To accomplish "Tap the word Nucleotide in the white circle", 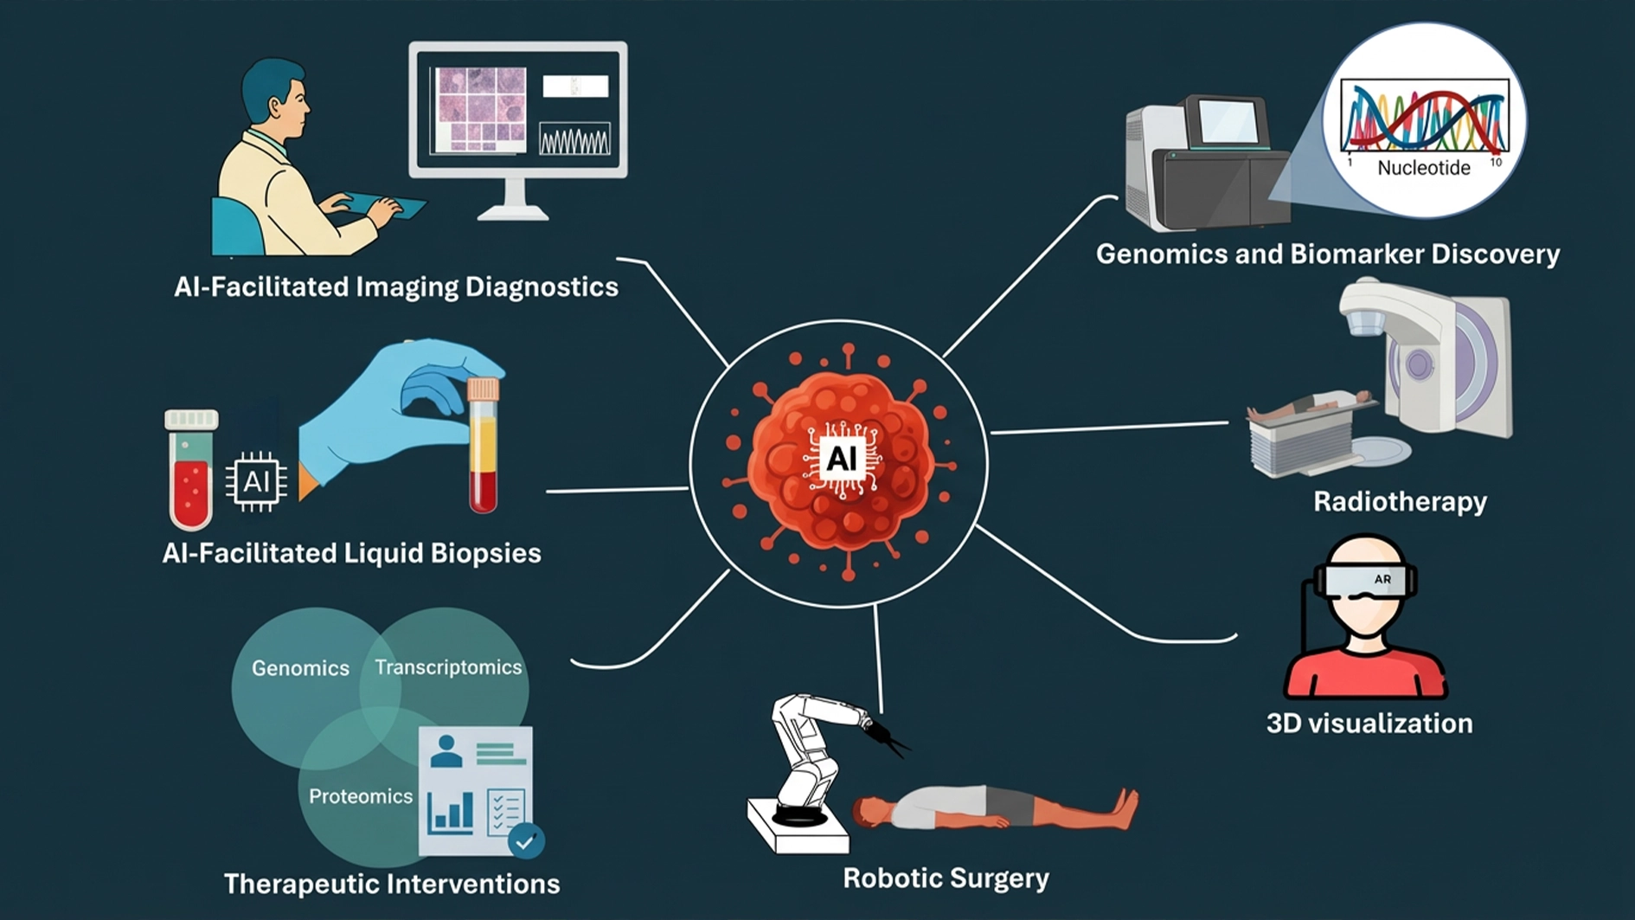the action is [x=1423, y=168].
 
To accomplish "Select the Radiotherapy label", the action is [x=1400, y=502].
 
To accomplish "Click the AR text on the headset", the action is [x=1382, y=579].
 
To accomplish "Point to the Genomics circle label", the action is [x=300, y=668].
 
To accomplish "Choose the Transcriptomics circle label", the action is [x=448, y=667].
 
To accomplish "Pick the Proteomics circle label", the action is [x=361, y=796].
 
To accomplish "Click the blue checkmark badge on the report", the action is [x=525, y=840].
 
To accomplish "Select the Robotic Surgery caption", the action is [x=946, y=878].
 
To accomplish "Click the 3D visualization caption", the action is [x=1369, y=724].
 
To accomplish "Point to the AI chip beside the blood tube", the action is [x=256, y=481].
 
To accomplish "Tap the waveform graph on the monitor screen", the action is [x=574, y=138].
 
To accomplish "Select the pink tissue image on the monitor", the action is [x=480, y=109].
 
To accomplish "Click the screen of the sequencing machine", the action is [x=1226, y=121].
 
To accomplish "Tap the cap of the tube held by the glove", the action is [x=483, y=389].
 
